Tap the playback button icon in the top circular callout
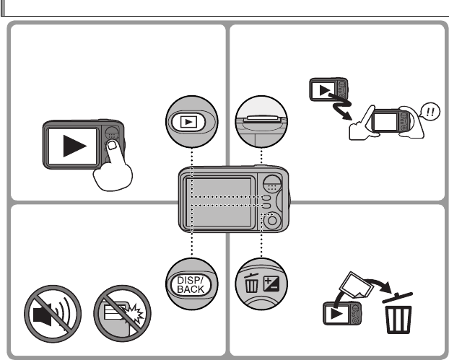point(191,121)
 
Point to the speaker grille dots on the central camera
point(271,183)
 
